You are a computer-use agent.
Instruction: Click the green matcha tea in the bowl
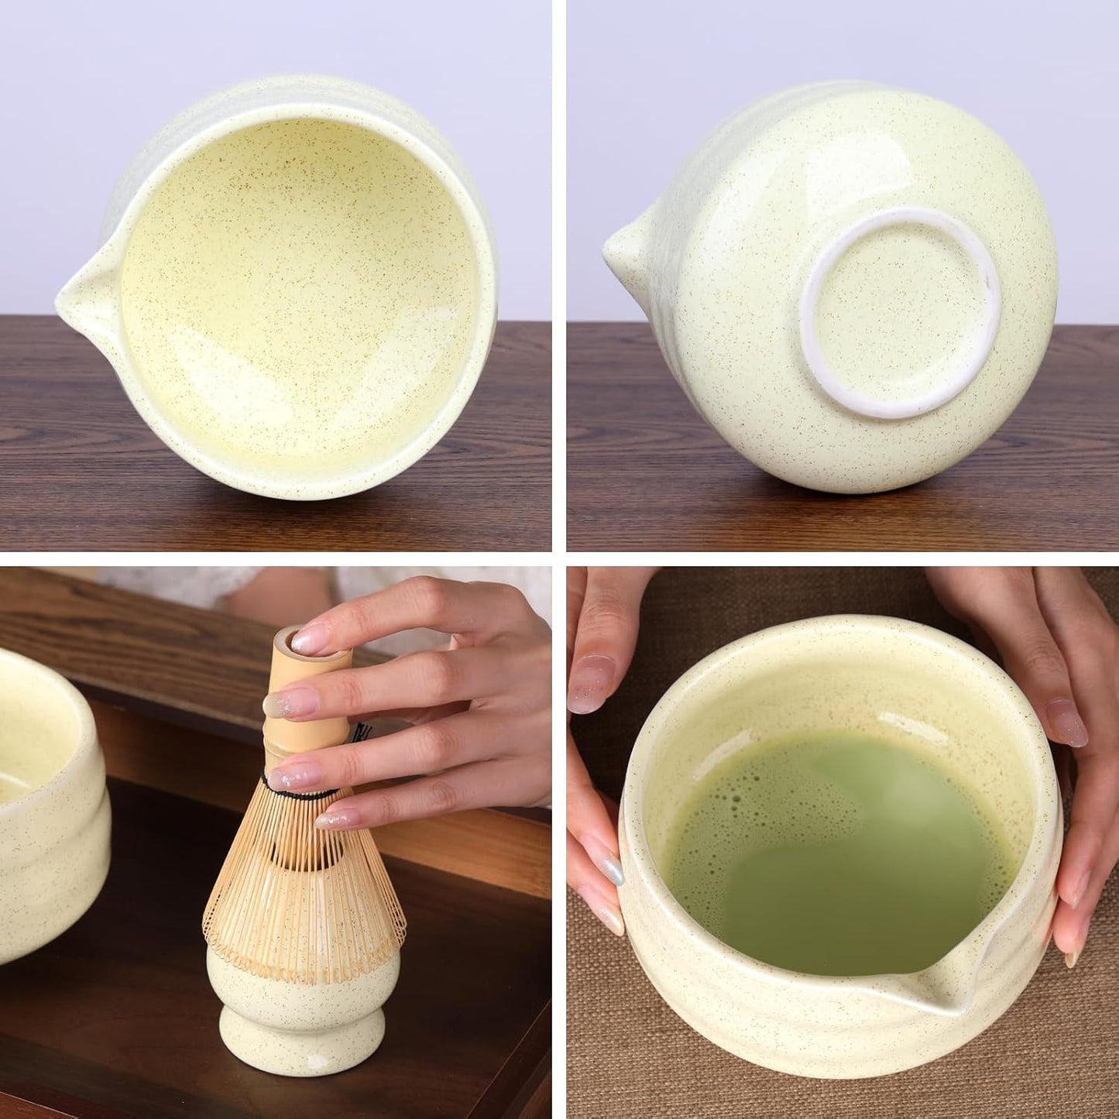(836, 867)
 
